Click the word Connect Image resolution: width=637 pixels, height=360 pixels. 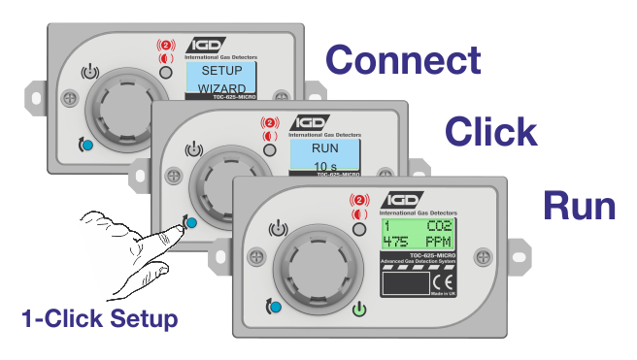[x=403, y=60]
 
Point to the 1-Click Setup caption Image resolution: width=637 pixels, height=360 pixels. [x=101, y=317]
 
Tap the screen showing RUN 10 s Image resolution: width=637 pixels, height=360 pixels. [x=325, y=155]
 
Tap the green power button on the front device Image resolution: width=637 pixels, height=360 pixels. [x=360, y=311]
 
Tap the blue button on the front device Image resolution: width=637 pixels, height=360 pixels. [x=278, y=308]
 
